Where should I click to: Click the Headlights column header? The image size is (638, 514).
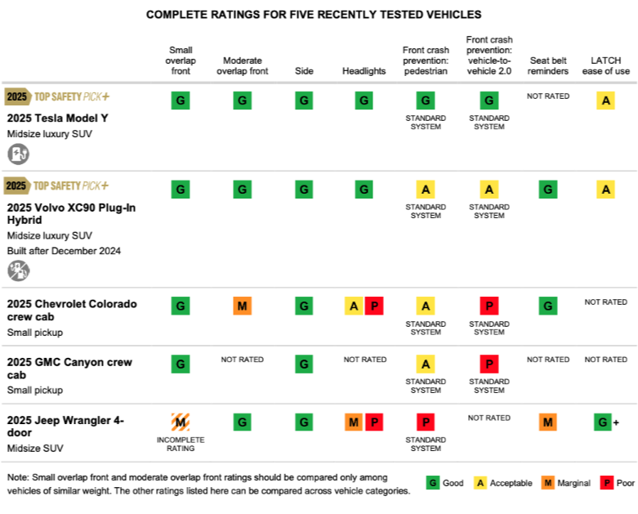pos(364,71)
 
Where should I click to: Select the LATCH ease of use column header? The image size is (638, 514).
pos(605,65)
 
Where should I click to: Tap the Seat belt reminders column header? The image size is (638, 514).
pos(548,65)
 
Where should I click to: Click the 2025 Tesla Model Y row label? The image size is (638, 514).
pos(57,118)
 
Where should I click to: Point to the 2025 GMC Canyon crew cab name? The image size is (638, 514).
pos(69,369)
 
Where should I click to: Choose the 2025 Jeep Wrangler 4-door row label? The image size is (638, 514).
pos(65,426)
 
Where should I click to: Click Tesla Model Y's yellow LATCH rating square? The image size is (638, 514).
pos(605,101)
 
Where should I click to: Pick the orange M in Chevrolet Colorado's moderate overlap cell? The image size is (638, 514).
pos(242,306)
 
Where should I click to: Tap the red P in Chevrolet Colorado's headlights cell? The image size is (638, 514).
pos(374,306)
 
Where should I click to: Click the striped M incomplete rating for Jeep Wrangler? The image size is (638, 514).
pos(181,422)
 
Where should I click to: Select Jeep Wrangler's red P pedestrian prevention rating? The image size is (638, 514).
pos(426,422)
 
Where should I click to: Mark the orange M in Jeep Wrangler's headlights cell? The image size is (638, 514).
pos(354,422)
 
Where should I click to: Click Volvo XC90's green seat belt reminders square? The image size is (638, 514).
pos(548,190)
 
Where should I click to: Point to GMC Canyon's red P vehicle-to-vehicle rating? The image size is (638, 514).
pos(489,364)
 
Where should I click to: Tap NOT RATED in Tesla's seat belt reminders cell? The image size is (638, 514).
pos(548,96)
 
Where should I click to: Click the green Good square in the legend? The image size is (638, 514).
pos(432,483)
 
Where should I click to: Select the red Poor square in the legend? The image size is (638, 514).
pos(606,483)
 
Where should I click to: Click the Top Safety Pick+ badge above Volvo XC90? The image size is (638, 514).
pos(57,185)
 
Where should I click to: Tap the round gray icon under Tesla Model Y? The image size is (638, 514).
pos(19,153)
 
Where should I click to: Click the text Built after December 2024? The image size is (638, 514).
pos(64,251)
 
